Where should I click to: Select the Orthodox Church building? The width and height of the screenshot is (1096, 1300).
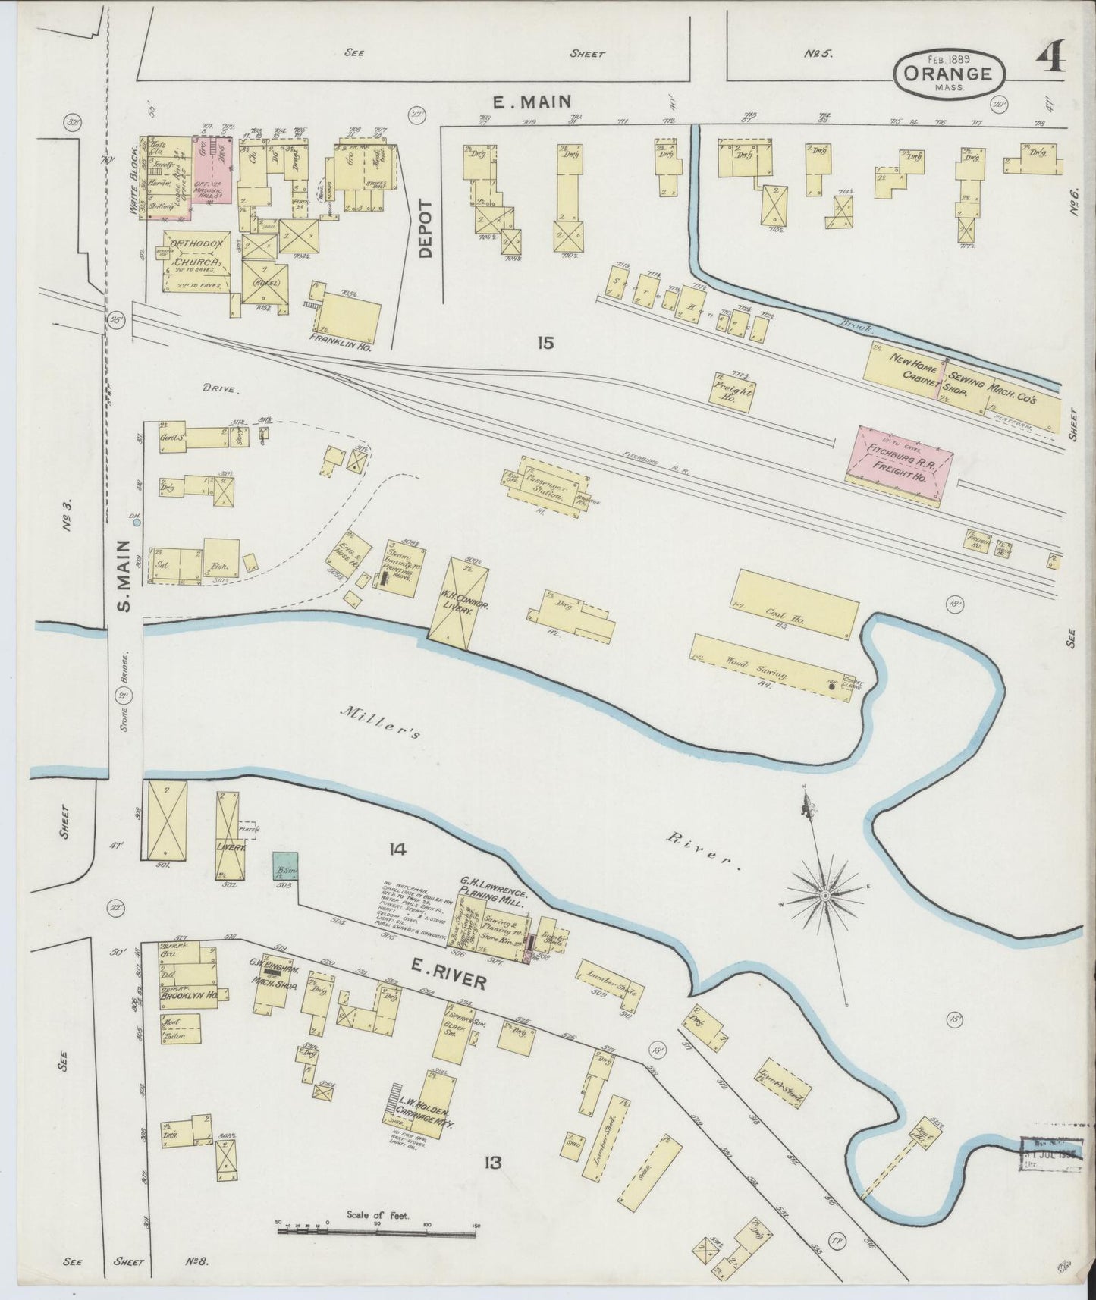[x=193, y=261]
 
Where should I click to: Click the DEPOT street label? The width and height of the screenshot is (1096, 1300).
[x=424, y=229]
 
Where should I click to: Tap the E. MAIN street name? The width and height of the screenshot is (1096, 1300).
[x=531, y=101]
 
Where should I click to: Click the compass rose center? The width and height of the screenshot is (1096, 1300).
[x=824, y=896]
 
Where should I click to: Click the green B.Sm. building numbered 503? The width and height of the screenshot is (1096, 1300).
[x=285, y=865]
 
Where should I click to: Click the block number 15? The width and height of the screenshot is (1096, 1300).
[x=545, y=343]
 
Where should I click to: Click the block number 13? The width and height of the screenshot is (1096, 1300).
[x=492, y=1161]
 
